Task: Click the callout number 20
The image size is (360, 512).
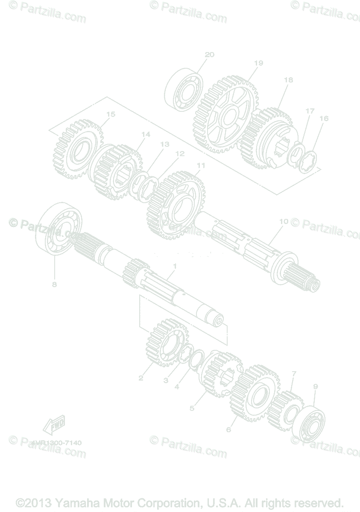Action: [209, 55]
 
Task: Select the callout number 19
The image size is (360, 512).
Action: [258, 63]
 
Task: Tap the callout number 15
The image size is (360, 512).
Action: [111, 114]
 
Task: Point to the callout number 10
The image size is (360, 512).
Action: [284, 221]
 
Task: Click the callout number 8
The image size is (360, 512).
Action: [54, 285]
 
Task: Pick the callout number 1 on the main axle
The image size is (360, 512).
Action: [174, 266]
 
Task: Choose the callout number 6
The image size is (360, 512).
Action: [228, 430]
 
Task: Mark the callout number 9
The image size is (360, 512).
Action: [316, 387]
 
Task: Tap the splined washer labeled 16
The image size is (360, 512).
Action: [309, 162]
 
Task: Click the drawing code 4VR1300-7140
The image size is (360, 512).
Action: [56, 443]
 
